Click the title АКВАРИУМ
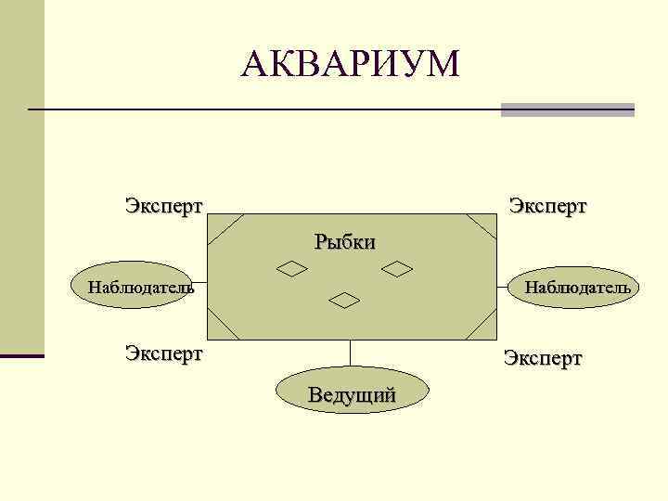coord(350,64)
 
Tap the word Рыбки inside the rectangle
coord(344,243)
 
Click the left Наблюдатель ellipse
coord(140,286)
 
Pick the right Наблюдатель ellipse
coord(575,287)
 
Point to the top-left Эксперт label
coord(164,204)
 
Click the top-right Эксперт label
coord(547,204)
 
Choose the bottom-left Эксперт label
coord(164,353)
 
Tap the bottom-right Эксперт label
coord(543,358)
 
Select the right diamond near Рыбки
coord(398,269)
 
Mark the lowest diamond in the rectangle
coord(345,299)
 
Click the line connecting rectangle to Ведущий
coord(351,354)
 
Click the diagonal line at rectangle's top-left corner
coord(225,229)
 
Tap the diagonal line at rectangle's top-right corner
coord(482,228)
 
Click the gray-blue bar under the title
coord(567,109)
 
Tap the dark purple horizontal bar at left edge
coord(21,355)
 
